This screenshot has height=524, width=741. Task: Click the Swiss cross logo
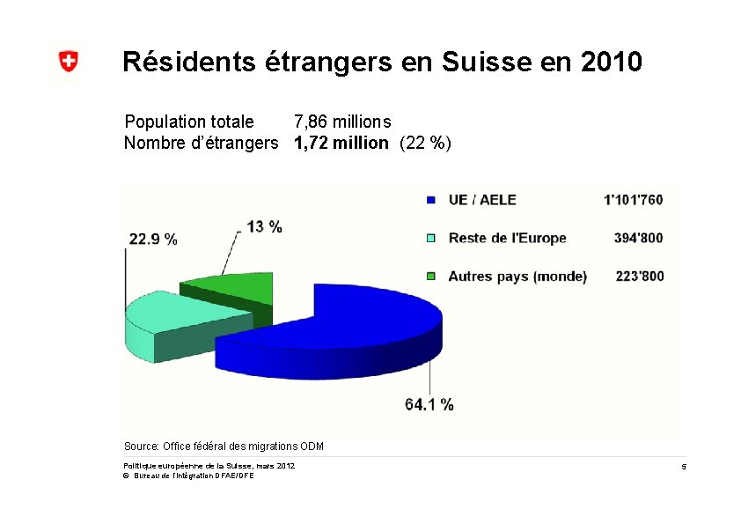[x=68, y=62]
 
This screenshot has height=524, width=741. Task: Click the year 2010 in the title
[x=612, y=63]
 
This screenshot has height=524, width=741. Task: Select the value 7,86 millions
[x=342, y=122]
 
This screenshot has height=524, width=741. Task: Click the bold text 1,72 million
[x=341, y=143]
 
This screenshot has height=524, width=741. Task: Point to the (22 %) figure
[x=425, y=143]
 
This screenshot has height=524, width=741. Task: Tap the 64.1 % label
[x=429, y=404]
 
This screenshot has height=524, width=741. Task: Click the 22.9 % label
[x=153, y=239]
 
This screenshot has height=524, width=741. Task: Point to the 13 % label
[x=264, y=226]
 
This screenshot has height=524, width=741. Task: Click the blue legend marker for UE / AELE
[x=430, y=200]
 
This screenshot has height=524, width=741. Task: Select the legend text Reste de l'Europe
[x=507, y=238]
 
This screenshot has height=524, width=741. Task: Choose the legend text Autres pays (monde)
[x=517, y=276]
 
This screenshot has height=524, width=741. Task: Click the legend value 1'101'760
[x=634, y=200]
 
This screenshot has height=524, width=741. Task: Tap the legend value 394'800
[x=639, y=238]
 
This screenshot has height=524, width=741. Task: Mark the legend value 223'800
[x=639, y=276]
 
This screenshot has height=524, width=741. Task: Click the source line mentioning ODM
[x=224, y=447]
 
